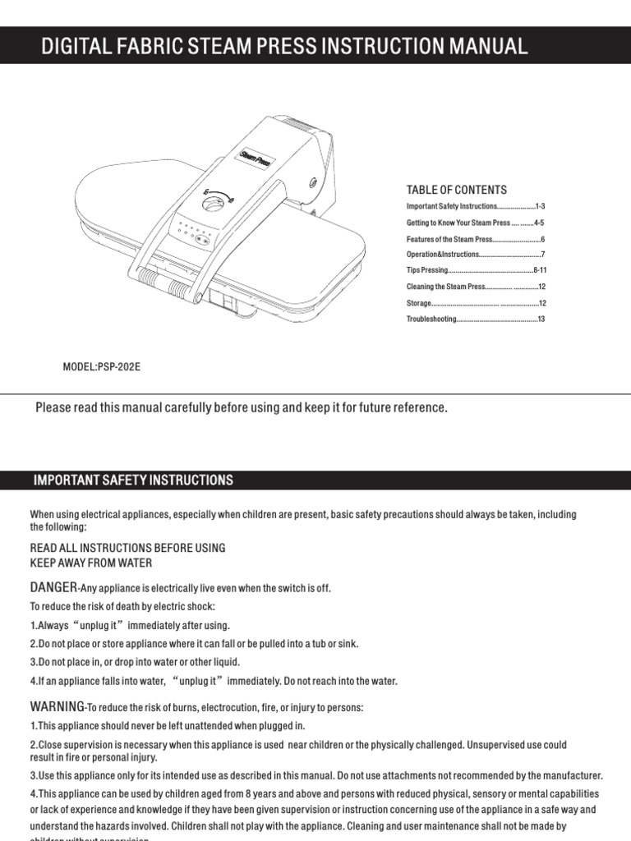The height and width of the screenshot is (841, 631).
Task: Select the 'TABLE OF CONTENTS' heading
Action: [457, 190]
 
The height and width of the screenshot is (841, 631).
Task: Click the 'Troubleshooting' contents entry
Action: [431, 319]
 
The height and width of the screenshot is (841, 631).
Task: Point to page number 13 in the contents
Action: [541, 319]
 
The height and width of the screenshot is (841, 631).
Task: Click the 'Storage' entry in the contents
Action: [419, 303]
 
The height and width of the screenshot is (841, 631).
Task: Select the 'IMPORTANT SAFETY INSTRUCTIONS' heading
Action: [133, 480]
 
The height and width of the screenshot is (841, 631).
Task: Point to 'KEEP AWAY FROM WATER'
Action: [91, 563]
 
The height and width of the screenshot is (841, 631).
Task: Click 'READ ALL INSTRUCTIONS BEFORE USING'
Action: [127, 548]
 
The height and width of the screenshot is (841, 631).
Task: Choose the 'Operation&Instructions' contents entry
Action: [443, 255]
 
